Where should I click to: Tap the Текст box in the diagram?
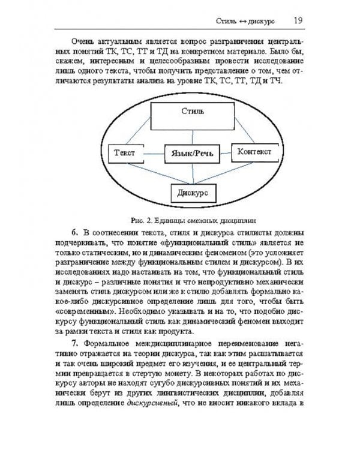pyautogui.click(x=125, y=154)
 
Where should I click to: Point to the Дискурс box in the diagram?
pyautogui.click(x=193, y=193)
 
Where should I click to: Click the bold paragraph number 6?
pyautogui.click(x=74, y=233)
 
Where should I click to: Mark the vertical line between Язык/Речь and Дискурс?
pyautogui.click(x=193, y=174)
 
